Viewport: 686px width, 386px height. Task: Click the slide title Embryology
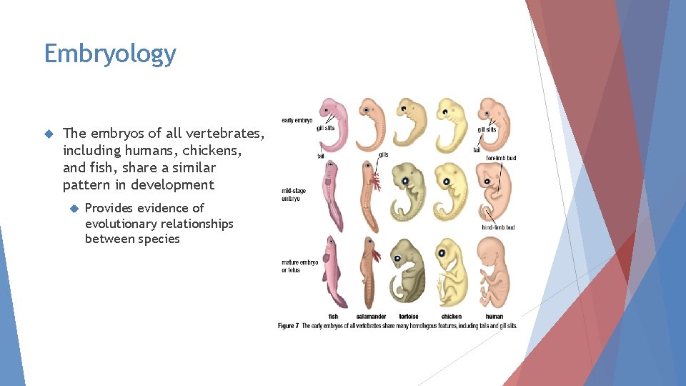click(x=110, y=54)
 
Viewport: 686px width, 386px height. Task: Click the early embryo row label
click(x=297, y=120)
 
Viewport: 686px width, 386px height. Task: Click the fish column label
click(x=333, y=316)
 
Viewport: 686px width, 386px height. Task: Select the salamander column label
click(x=372, y=316)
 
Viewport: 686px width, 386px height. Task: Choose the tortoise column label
click(x=409, y=316)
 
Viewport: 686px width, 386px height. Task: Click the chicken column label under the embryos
click(x=451, y=316)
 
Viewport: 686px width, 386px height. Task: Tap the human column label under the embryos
click(x=494, y=316)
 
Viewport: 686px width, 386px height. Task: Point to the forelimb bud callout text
click(x=500, y=158)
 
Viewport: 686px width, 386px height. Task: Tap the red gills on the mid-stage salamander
click(x=375, y=183)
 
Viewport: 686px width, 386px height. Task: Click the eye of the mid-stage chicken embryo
click(x=447, y=179)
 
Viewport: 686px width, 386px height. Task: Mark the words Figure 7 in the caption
click(x=289, y=326)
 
